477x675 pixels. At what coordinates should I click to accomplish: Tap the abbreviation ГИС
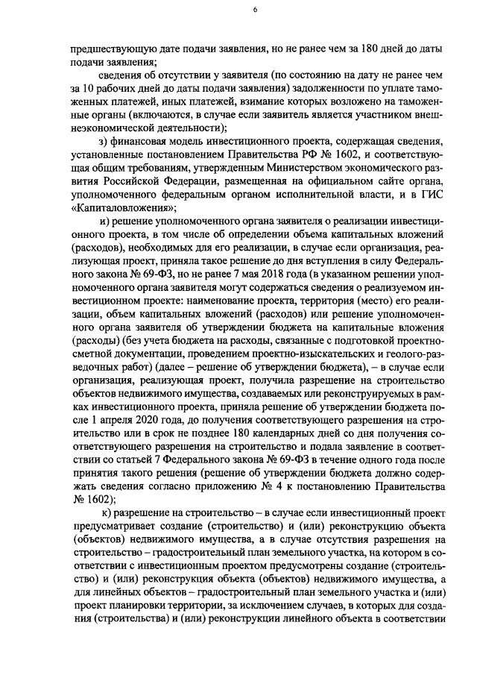coord(429,194)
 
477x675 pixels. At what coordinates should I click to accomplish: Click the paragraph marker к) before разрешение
coord(104,515)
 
